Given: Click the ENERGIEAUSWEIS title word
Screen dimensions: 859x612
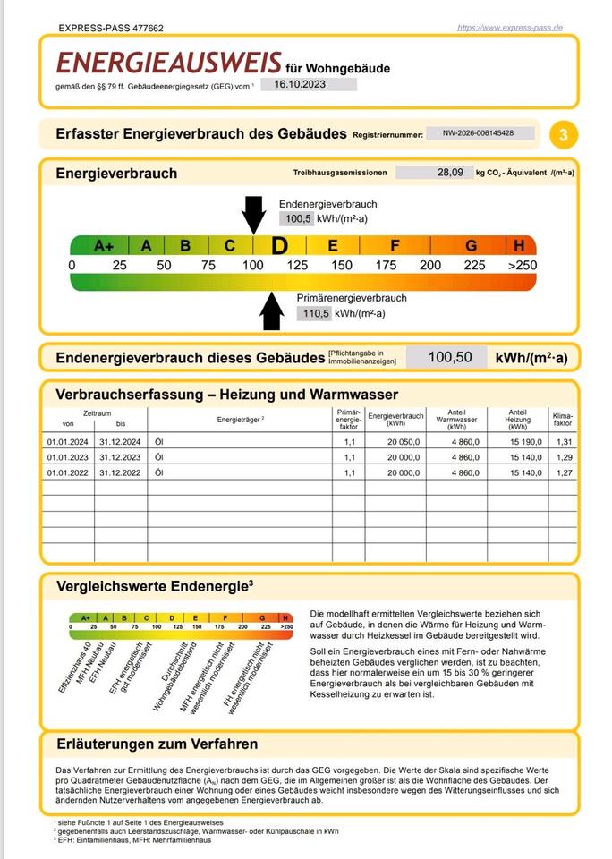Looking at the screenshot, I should pyautogui.click(x=169, y=63).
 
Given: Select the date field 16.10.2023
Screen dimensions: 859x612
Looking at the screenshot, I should pyautogui.click(x=309, y=84).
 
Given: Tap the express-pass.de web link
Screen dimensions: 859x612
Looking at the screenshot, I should pyautogui.click(x=509, y=28).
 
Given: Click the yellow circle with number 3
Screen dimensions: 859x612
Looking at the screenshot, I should pyautogui.click(x=563, y=135).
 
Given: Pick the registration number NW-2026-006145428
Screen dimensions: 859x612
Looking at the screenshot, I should pyautogui.click(x=480, y=133).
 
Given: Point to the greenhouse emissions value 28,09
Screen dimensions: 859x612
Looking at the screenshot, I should pyautogui.click(x=450, y=173).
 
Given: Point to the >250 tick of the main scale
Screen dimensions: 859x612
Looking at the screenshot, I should pyautogui.click(x=521, y=265).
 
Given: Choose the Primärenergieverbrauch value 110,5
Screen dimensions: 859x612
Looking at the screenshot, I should pyautogui.click(x=313, y=313).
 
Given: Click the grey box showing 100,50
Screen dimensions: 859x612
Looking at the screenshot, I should pyautogui.click(x=450, y=358).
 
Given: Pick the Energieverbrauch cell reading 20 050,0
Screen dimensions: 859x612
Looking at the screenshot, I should pyautogui.click(x=395, y=441).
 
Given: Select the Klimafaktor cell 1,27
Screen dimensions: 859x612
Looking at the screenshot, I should pyautogui.click(x=562, y=472).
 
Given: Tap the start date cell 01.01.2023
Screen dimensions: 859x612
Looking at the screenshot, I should pyautogui.click(x=68, y=457).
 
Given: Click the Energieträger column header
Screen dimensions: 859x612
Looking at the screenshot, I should pyautogui.click(x=237, y=418).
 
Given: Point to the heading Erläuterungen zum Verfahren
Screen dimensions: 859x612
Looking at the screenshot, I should pyautogui.click(x=157, y=744).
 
